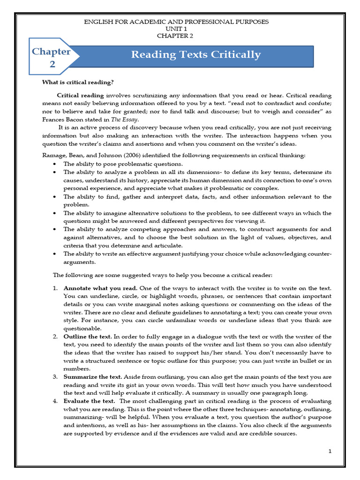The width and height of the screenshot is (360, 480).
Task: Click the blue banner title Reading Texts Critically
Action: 195,55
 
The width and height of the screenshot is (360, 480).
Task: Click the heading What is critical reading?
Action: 78,82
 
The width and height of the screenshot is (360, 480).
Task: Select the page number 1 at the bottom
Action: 330,451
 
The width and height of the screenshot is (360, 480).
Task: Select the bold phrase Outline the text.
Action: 88,337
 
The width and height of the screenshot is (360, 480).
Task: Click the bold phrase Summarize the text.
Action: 92,377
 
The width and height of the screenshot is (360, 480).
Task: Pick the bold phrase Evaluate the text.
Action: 89,401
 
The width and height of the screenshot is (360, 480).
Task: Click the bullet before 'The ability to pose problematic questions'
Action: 55,164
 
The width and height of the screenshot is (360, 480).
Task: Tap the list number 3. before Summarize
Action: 55,377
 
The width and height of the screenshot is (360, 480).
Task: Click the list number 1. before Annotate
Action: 55,288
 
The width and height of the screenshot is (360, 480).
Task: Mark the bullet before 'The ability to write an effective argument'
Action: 55,254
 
